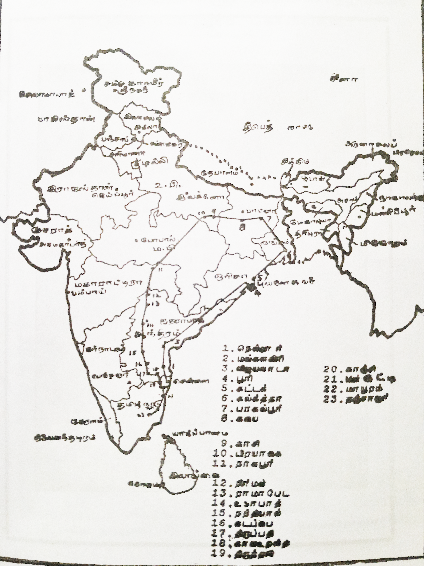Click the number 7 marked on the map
coord(269,211)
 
